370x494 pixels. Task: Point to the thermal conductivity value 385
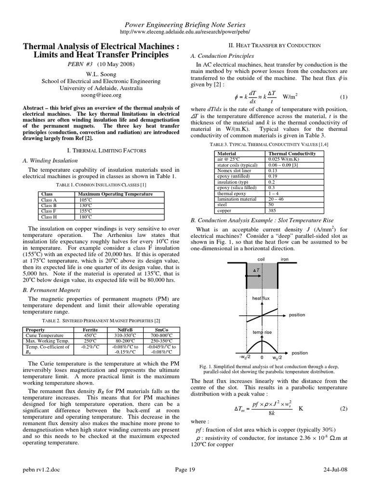coord(273,211)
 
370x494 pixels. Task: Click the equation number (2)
coord(344,409)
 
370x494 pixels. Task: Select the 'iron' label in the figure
coord(285,259)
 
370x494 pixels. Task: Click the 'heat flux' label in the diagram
coord(261,299)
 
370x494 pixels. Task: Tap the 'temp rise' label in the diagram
coord(261,332)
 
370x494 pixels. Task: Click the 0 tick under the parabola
coord(262,358)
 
